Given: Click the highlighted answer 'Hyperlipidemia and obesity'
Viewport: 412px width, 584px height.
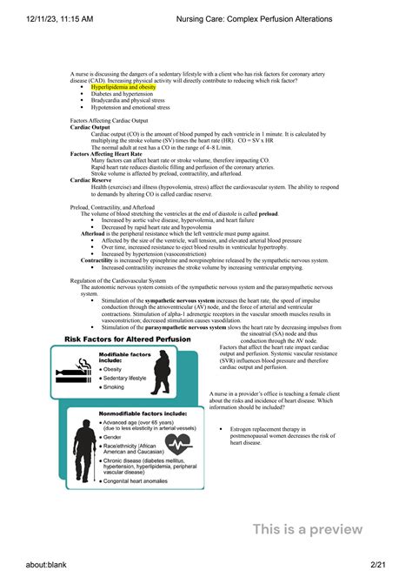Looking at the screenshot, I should click(123, 88).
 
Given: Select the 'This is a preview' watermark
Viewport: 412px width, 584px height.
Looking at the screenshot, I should click(308, 529).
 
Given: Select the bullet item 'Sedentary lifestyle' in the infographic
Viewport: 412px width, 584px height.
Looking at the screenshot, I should click(127, 379).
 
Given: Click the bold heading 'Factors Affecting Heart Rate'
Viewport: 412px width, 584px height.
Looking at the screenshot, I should click(103, 153).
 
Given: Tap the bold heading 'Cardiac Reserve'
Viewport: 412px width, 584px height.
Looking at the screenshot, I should click(88, 180).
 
